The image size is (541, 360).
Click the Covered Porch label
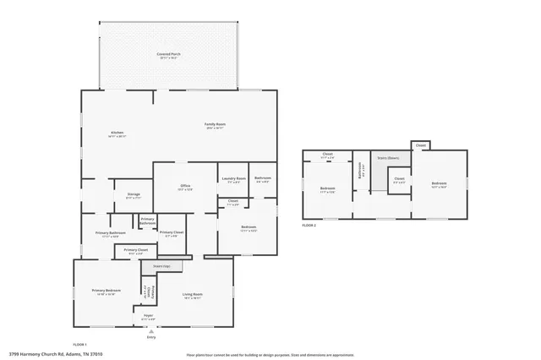point(168,55)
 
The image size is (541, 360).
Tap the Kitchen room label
point(117,134)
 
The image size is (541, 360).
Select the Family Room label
point(215,124)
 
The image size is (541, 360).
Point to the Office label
point(184,186)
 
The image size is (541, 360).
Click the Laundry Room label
point(233,178)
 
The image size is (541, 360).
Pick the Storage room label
point(134,194)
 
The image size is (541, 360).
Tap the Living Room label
point(193,295)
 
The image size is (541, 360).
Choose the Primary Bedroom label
point(107,291)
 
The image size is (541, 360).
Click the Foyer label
point(148,316)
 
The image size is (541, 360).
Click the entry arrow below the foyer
point(150,330)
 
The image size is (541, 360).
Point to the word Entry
point(150,337)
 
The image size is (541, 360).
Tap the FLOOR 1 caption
point(80,345)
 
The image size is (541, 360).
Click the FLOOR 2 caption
point(310,226)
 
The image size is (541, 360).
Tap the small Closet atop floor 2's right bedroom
point(420,145)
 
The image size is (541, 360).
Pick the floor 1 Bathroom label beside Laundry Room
point(262,178)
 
